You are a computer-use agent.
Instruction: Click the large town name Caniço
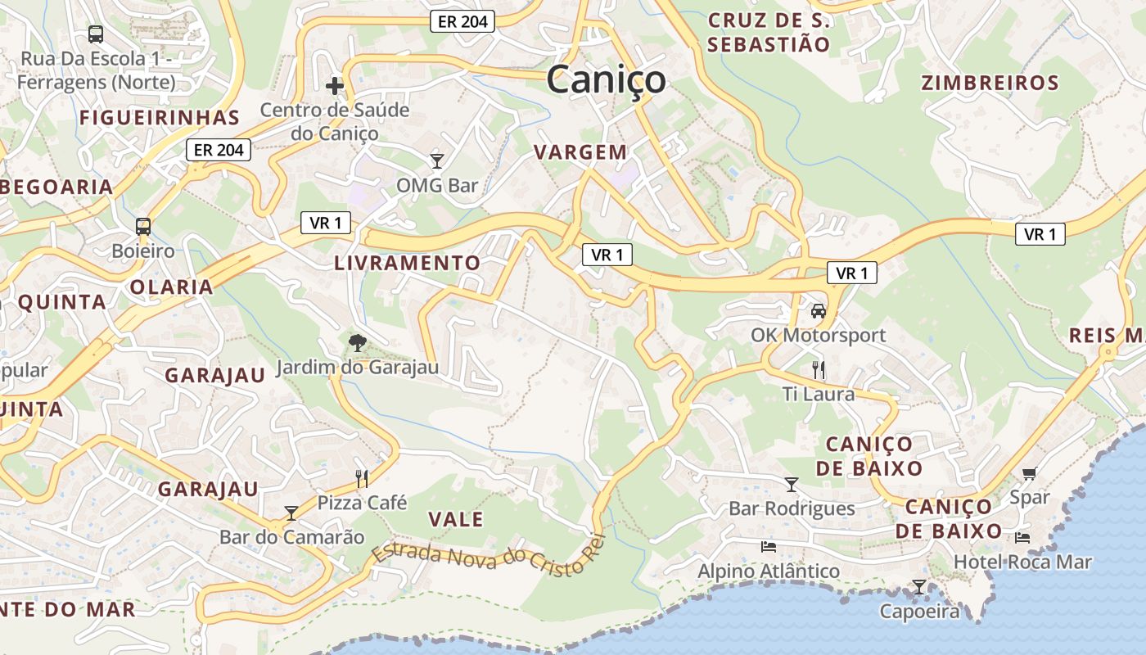(x=606, y=80)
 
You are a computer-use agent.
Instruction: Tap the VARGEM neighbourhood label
(x=580, y=152)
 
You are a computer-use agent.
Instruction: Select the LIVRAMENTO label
(x=407, y=263)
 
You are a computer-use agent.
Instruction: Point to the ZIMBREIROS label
(x=990, y=83)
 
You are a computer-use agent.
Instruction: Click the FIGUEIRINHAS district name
(x=160, y=117)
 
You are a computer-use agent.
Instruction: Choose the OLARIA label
(x=171, y=287)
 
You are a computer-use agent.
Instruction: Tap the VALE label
(x=456, y=519)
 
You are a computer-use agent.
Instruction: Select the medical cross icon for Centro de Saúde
(x=334, y=85)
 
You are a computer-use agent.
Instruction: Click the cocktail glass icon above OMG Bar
(x=437, y=160)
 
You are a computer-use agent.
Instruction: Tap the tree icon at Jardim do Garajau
(x=357, y=342)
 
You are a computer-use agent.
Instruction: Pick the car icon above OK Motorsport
(x=818, y=311)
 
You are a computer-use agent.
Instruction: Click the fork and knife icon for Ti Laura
(x=818, y=369)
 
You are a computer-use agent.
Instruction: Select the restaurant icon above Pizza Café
(x=362, y=478)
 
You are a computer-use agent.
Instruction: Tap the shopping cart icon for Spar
(x=1029, y=473)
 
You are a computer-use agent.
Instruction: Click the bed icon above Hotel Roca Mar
(x=1022, y=538)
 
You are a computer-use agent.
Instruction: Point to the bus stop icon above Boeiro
(x=143, y=226)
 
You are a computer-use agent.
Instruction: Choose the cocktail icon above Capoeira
(x=919, y=587)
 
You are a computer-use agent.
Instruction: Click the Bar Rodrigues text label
(x=792, y=508)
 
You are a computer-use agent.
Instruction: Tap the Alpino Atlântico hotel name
(x=769, y=571)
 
